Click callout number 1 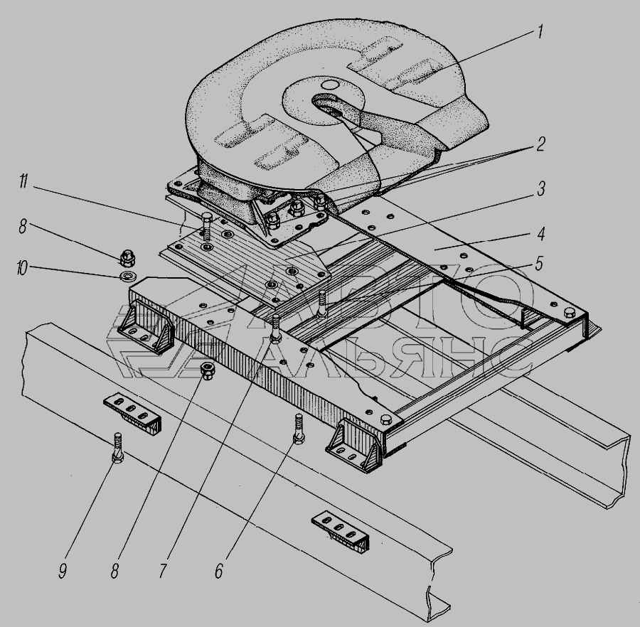[540, 32]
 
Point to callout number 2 [540, 144]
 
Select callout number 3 [541, 189]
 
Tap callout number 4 [541, 234]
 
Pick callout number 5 [539, 264]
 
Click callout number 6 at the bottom [219, 572]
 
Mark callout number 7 [163, 572]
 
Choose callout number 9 [63, 572]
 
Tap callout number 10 [21, 269]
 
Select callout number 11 [23, 181]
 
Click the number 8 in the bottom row [114, 572]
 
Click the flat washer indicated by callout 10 [128, 276]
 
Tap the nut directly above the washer [128, 259]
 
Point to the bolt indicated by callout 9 [117, 448]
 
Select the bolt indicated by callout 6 [299, 429]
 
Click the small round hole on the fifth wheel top [329, 85]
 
